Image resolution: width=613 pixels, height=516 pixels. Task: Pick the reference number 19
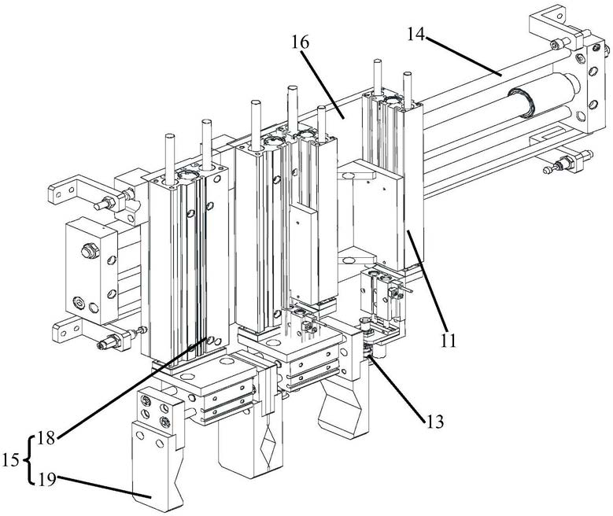click(46, 476)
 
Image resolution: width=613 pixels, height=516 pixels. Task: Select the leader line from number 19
click(102, 485)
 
